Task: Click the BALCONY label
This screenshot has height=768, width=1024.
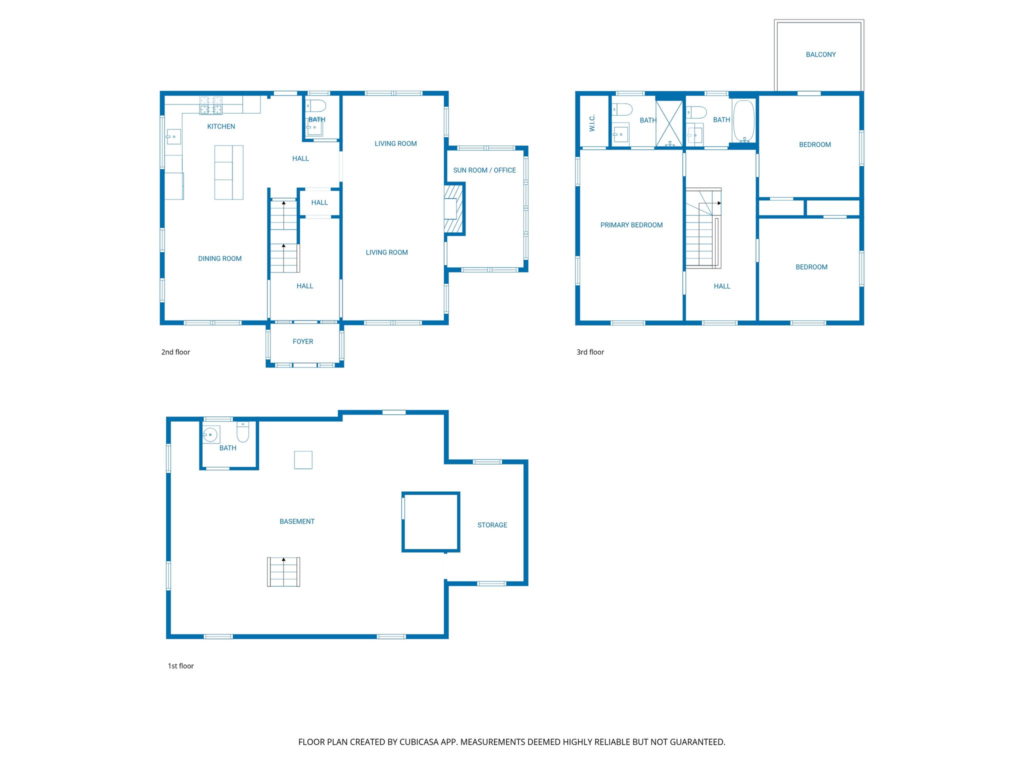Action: click(820, 54)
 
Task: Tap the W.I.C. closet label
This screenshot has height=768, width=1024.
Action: click(592, 123)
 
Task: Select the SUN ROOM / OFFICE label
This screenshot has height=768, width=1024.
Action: click(484, 170)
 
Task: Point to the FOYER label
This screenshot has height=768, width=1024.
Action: click(302, 341)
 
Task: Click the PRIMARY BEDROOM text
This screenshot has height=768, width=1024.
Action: click(631, 225)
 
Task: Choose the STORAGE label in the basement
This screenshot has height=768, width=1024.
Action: click(492, 525)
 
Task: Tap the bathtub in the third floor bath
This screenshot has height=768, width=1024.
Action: click(743, 121)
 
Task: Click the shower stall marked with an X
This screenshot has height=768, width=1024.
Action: click(669, 123)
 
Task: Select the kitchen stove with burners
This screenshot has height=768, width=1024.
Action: click(211, 105)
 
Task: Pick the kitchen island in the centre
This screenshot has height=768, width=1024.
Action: click(228, 172)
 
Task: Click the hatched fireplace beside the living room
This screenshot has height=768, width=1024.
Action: click(454, 209)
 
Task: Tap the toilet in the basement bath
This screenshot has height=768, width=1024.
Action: click(243, 432)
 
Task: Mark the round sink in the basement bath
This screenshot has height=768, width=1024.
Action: click(210, 434)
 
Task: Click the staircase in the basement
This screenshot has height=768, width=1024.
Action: click(283, 572)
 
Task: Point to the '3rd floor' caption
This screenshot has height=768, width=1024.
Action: click(590, 352)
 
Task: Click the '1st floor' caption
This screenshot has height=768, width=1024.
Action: click(180, 666)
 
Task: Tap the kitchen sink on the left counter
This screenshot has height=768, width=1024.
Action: click(173, 136)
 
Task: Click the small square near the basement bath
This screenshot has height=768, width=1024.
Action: click(303, 460)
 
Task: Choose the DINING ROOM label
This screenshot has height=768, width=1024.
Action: click(219, 258)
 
